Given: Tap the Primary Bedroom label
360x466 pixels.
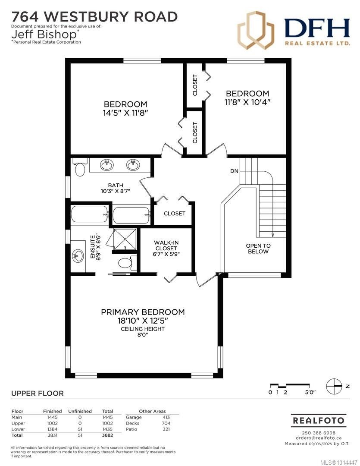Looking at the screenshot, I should [143, 312].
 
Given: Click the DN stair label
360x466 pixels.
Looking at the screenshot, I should [234, 171].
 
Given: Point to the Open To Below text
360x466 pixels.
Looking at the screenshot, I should [258, 249].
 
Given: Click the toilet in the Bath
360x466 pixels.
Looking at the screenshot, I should [80, 169].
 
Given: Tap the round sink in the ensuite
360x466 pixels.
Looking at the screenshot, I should [78, 256].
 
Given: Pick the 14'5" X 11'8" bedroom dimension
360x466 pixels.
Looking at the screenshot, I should [125, 113].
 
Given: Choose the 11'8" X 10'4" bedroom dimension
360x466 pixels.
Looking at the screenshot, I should [247, 102].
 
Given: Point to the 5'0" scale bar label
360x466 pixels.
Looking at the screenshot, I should [310, 392].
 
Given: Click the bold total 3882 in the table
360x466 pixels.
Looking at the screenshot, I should [107, 435].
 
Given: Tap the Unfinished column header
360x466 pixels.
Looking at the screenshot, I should [80, 411].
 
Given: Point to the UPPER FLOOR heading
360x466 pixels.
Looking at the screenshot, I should [37, 393].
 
